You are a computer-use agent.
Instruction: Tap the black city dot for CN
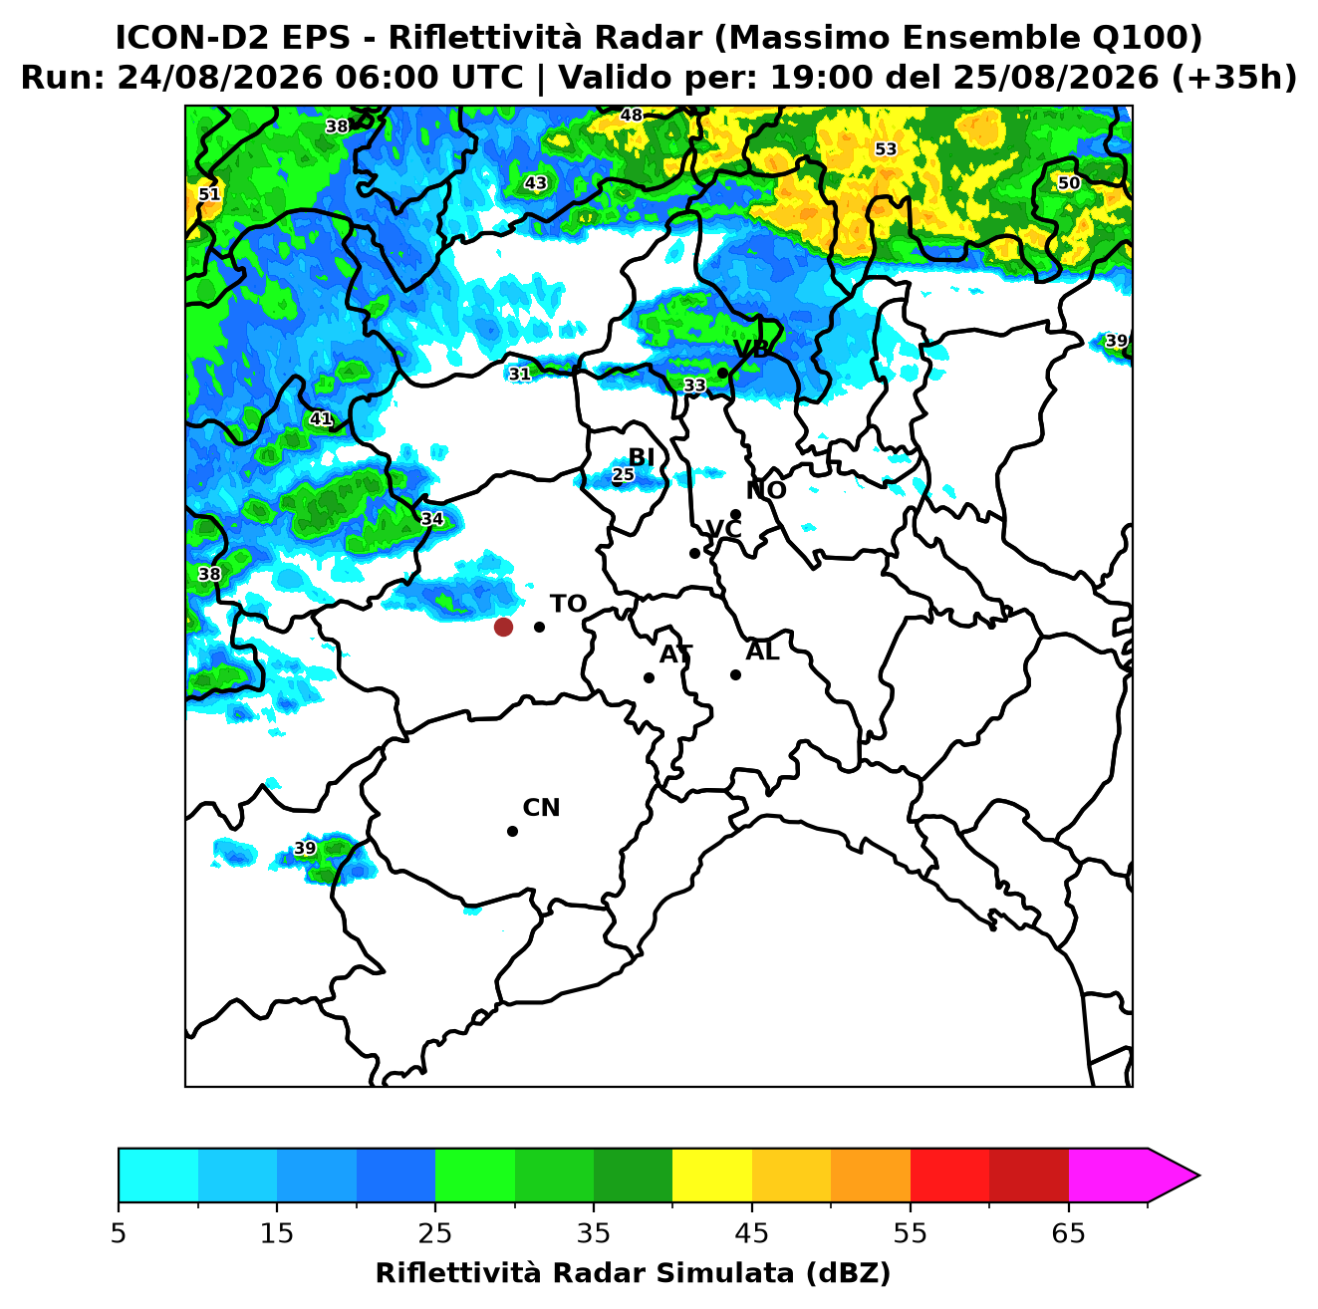pos(512,831)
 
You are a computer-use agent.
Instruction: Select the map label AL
pos(762,651)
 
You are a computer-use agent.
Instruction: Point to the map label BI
pos(641,457)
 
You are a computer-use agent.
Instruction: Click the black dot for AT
pos(649,677)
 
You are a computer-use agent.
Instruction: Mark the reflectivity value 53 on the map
pos(885,148)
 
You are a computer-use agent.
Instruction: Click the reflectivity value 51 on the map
pos(209,194)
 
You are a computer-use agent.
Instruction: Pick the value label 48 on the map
pos(631,115)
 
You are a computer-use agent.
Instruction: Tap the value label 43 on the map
pos(536,182)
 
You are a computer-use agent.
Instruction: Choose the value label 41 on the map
pos(321,418)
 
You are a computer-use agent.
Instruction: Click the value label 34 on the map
pos(431,519)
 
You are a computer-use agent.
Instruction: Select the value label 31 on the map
pos(519,374)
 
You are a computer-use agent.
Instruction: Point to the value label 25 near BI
pos(623,474)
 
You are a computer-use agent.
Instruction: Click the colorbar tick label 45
pos(751,1232)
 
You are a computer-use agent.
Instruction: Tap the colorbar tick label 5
pos(119,1232)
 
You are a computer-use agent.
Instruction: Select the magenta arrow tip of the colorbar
pos(1198,1176)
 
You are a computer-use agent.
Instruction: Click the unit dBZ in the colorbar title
pos(848,1273)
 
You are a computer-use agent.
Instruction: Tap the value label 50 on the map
pos(1068,182)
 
